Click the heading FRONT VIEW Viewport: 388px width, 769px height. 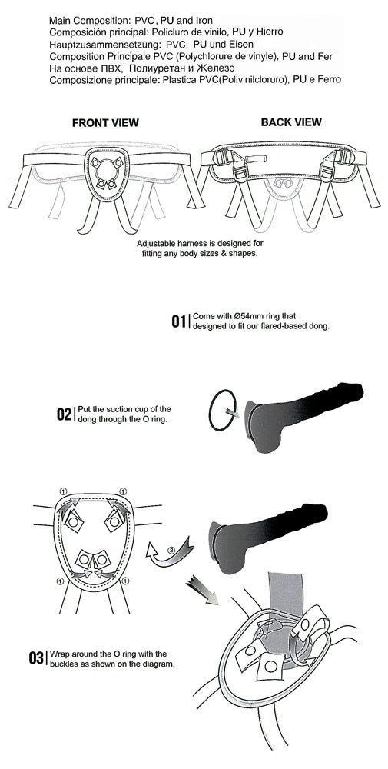(105, 122)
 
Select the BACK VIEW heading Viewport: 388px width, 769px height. (291, 122)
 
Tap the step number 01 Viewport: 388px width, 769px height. (179, 321)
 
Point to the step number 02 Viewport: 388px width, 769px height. (65, 414)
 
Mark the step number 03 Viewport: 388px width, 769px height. (36, 658)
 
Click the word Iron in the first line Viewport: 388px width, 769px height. (203, 21)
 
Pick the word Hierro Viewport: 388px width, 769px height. (271, 32)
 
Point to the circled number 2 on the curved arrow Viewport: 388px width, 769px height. (171, 549)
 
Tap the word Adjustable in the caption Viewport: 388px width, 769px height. (154, 244)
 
